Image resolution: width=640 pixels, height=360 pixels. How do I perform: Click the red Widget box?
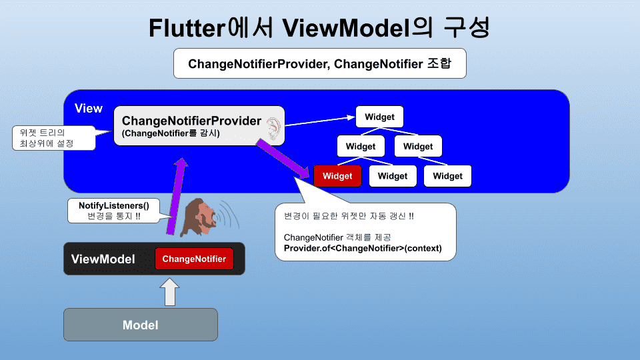click(x=337, y=176)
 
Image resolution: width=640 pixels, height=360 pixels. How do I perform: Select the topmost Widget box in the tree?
click(x=379, y=117)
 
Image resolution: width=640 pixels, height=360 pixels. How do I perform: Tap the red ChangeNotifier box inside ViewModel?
click(x=194, y=259)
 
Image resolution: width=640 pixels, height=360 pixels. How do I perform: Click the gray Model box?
click(x=141, y=325)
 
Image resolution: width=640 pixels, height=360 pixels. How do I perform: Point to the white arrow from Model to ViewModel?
click(x=170, y=291)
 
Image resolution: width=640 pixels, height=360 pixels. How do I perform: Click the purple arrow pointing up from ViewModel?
click(x=177, y=196)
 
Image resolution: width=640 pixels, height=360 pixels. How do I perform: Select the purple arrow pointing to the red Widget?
click(x=283, y=159)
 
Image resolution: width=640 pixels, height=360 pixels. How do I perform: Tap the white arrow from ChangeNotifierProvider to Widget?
click(x=320, y=121)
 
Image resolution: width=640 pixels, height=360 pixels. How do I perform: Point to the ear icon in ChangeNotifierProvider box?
click(x=273, y=128)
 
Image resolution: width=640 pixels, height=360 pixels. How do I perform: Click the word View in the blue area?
click(x=89, y=108)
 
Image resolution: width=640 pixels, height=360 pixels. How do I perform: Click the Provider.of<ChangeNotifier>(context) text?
click(x=363, y=248)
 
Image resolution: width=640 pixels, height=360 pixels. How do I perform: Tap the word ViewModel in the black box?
click(x=103, y=259)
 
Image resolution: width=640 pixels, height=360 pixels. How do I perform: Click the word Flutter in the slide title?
click(x=187, y=28)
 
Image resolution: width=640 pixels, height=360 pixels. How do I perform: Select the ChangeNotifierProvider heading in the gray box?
click(x=191, y=121)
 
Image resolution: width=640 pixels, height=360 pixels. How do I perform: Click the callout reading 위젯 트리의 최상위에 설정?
click(x=54, y=138)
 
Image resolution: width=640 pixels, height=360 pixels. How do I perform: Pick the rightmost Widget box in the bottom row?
click(x=448, y=176)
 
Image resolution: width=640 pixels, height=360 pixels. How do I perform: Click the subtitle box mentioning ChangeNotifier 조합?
click(x=320, y=63)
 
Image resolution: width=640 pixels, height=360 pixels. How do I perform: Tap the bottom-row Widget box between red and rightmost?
click(x=393, y=176)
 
